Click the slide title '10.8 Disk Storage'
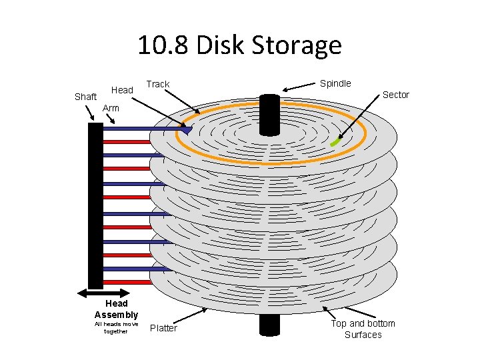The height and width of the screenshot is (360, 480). coord(239,45)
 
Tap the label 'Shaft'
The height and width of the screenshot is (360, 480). coord(85,97)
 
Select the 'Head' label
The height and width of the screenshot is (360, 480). coord(122,90)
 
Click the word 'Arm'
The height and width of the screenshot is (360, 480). coord(111,108)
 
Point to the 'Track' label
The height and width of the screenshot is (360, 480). coord(158,84)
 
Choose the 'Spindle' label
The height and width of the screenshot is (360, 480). coord(335,83)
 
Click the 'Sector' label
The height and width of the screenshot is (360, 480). coord(395,95)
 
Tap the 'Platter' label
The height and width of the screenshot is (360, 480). coord(163,328)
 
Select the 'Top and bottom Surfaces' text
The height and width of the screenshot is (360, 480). coord(363,329)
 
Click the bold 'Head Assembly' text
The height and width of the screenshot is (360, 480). coord(117,309)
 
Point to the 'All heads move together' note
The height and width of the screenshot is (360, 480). coord(117,327)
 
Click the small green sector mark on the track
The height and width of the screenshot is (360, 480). coord(335,142)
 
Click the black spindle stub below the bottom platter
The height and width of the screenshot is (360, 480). coord(269,325)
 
